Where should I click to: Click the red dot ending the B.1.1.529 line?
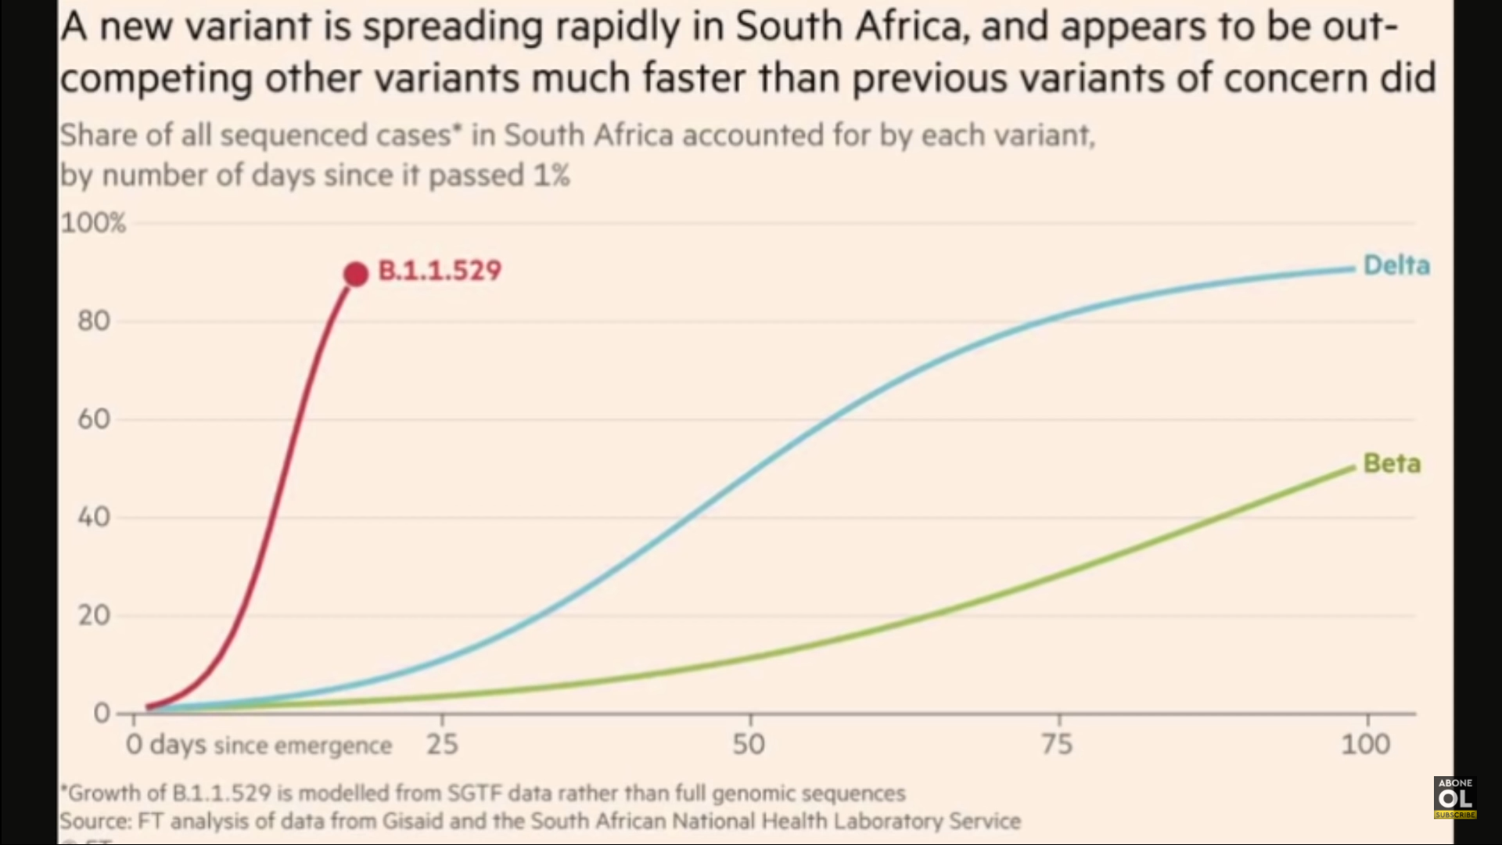[356, 274]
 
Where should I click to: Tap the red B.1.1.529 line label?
[440, 271]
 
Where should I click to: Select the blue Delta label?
[1396, 266]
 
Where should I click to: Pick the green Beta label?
[1392, 463]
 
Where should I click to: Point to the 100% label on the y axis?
[93, 223]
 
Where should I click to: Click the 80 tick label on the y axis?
[93, 321]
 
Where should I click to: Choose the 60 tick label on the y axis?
[93, 419]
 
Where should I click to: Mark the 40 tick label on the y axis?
[93, 517]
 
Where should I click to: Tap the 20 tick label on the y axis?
[93, 616]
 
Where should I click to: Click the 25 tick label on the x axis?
[442, 744]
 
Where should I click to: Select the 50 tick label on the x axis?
[749, 744]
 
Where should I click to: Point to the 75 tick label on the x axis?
[1057, 744]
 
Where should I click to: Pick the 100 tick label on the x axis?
[1365, 744]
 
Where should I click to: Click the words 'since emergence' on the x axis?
[302, 746]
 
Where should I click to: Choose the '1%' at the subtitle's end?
[551, 175]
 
